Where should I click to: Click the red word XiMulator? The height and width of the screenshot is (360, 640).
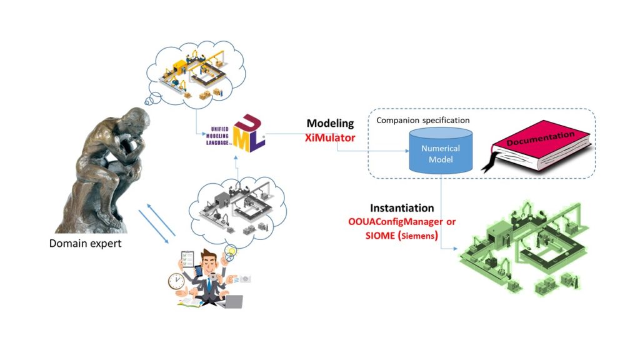tap(330, 137)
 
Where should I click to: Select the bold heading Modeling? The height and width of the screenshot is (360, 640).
tap(330, 124)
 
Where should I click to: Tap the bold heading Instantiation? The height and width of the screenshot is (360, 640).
tap(402, 208)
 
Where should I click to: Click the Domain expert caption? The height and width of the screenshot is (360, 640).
tap(85, 243)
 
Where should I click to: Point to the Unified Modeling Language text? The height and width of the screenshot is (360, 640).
tap(216, 133)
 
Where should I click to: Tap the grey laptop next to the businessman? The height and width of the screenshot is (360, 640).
tap(232, 301)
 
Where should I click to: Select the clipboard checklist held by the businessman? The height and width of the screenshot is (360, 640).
tap(187, 259)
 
